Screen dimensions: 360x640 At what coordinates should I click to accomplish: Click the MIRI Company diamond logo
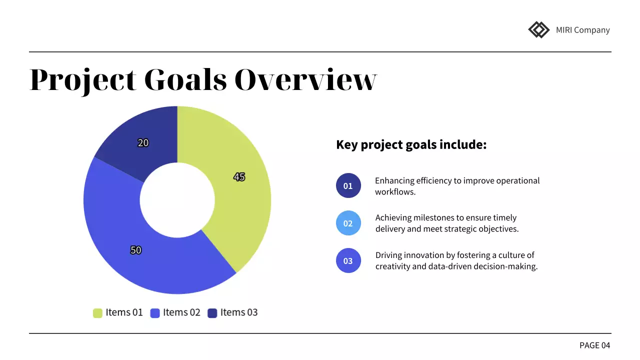[538, 29]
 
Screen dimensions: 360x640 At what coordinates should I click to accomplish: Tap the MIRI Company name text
[582, 30]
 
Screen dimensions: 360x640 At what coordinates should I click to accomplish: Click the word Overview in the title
[305, 79]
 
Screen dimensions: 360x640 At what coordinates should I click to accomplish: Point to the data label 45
[239, 177]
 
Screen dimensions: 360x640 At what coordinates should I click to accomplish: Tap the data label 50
[136, 250]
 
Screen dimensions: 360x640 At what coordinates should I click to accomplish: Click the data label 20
[143, 143]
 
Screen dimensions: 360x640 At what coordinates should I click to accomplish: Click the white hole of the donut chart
[177, 200]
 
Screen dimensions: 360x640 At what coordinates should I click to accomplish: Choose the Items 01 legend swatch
[97, 313]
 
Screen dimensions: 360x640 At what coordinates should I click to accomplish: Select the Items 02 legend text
[181, 312]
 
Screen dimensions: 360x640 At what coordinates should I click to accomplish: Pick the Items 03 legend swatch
[212, 313]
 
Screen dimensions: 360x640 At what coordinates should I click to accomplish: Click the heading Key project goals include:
[411, 145]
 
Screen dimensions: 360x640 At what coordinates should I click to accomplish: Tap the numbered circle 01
[348, 186]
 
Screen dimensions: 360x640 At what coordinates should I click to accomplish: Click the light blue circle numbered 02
[348, 223]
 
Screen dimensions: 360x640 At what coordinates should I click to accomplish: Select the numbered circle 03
[348, 260]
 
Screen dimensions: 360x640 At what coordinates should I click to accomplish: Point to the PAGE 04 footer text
[594, 345]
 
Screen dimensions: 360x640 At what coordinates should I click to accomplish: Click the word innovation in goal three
[427, 255]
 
